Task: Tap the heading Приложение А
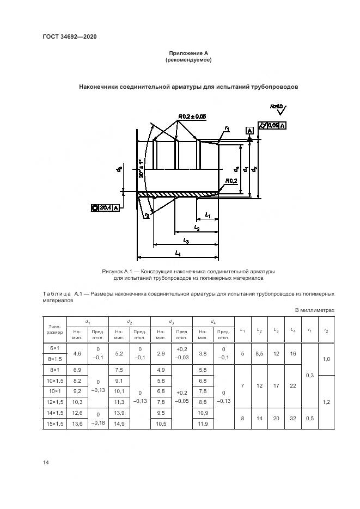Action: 188,53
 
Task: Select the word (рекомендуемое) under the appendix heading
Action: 188,60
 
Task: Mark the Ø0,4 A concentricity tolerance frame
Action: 105,207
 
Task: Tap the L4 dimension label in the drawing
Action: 179,253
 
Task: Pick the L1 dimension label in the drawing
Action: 209,215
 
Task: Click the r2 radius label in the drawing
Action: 147,216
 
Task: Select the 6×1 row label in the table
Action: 54,347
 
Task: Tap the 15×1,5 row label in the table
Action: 54,424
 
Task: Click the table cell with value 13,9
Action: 119,414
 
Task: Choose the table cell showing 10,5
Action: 160,424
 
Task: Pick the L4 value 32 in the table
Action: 293,419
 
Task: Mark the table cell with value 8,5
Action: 259,353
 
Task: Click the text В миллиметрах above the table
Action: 314,310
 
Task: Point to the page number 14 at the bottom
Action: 46,463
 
